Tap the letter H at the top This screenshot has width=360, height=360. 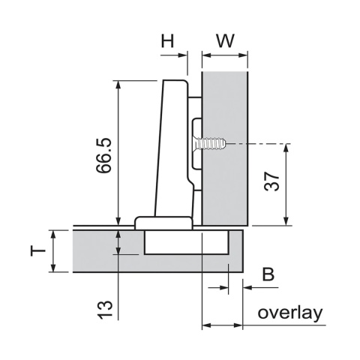(x=171, y=40)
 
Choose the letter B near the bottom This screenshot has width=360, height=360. (x=267, y=275)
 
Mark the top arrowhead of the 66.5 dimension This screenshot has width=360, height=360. (x=118, y=84)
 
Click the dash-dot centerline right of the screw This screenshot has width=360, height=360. (x=262, y=142)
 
